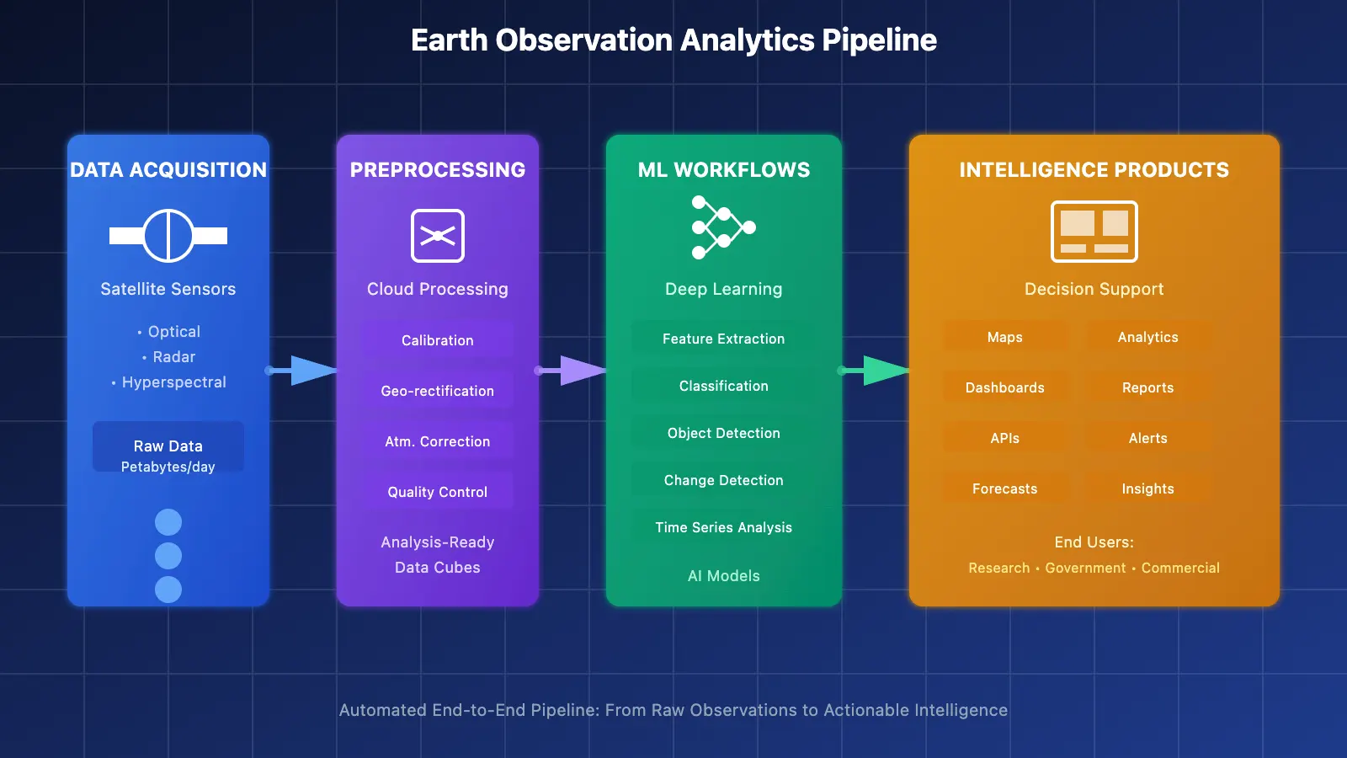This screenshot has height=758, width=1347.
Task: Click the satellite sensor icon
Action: [x=168, y=236]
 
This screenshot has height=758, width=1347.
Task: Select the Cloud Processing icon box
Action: [x=437, y=236]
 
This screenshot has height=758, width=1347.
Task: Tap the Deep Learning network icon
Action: [x=722, y=227]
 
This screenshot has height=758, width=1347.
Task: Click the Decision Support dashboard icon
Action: [x=1094, y=232]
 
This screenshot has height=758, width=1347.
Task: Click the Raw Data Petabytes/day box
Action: [x=168, y=456]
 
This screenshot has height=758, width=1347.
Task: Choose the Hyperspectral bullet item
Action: [x=173, y=382]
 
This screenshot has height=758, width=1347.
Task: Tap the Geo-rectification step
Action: [x=437, y=391]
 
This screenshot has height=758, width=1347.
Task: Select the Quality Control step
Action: [x=437, y=492]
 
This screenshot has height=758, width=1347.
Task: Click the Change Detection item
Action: [x=723, y=480]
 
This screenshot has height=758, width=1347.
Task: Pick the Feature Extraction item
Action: [x=723, y=339]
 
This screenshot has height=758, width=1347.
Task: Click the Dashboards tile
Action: [x=1004, y=387]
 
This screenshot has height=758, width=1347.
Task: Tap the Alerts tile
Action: [x=1147, y=438]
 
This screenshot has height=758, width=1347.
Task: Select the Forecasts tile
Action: [x=1004, y=488]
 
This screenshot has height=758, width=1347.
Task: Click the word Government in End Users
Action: [x=1085, y=568]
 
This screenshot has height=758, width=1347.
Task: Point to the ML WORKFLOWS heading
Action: [x=723, y=170]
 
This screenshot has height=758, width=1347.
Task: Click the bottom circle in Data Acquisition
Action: [x=168, y=589]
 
